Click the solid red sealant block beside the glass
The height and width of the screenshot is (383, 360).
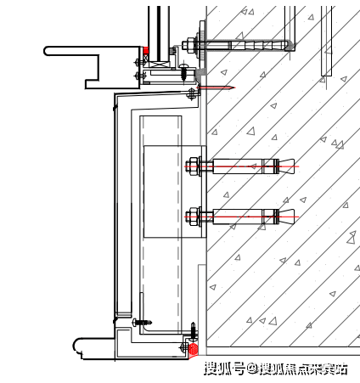tap(146, 51)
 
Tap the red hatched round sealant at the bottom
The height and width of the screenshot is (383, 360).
tap(193, 348)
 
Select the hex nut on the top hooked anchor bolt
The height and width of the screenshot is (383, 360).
tap(188, 45)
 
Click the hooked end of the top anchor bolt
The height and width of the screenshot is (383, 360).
tap(290, 45)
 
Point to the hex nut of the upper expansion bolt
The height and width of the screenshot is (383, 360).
tap(193, 166)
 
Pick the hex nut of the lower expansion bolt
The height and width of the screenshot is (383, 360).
tap(193, 217)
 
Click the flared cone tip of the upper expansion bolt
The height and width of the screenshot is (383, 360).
tap(287, 166)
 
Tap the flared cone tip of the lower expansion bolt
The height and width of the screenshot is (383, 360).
tap(287, 217)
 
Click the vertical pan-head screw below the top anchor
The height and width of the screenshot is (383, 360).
tap(184, 72)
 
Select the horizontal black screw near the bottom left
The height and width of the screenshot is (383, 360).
tap(142, 322)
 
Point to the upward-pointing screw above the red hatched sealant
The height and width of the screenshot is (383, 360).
tap(193, 332)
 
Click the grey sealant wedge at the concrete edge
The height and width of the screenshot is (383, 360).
tap(201, 71)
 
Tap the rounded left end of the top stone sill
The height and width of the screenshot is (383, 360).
tap(47, 51)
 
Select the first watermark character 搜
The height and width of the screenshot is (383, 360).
tap(211, 369)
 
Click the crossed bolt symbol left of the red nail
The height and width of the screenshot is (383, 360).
tap(192, 94)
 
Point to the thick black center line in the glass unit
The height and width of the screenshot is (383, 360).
tap(159, 33)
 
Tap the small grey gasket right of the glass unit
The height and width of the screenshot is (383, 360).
tap(172, 51)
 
